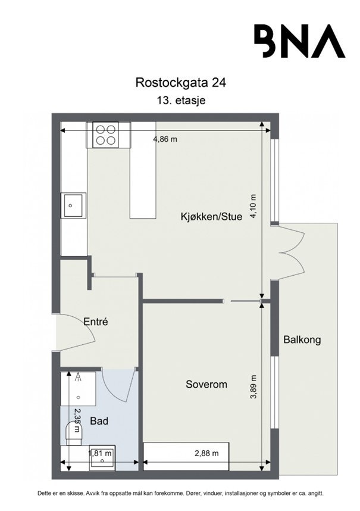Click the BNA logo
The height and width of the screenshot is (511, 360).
coord(299,40)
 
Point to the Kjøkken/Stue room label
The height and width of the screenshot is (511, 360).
coord(211,217)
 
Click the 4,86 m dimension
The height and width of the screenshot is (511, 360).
coord(165,139)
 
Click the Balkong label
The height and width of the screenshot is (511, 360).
coord(302,340)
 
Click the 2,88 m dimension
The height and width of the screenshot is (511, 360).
coord(207,453)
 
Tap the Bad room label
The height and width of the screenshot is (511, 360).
coord(99,421)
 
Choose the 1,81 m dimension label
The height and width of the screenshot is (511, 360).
coord(99,453)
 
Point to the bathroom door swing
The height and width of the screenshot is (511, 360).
coord(117,384)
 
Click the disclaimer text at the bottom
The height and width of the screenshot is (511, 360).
coord(180,494)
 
